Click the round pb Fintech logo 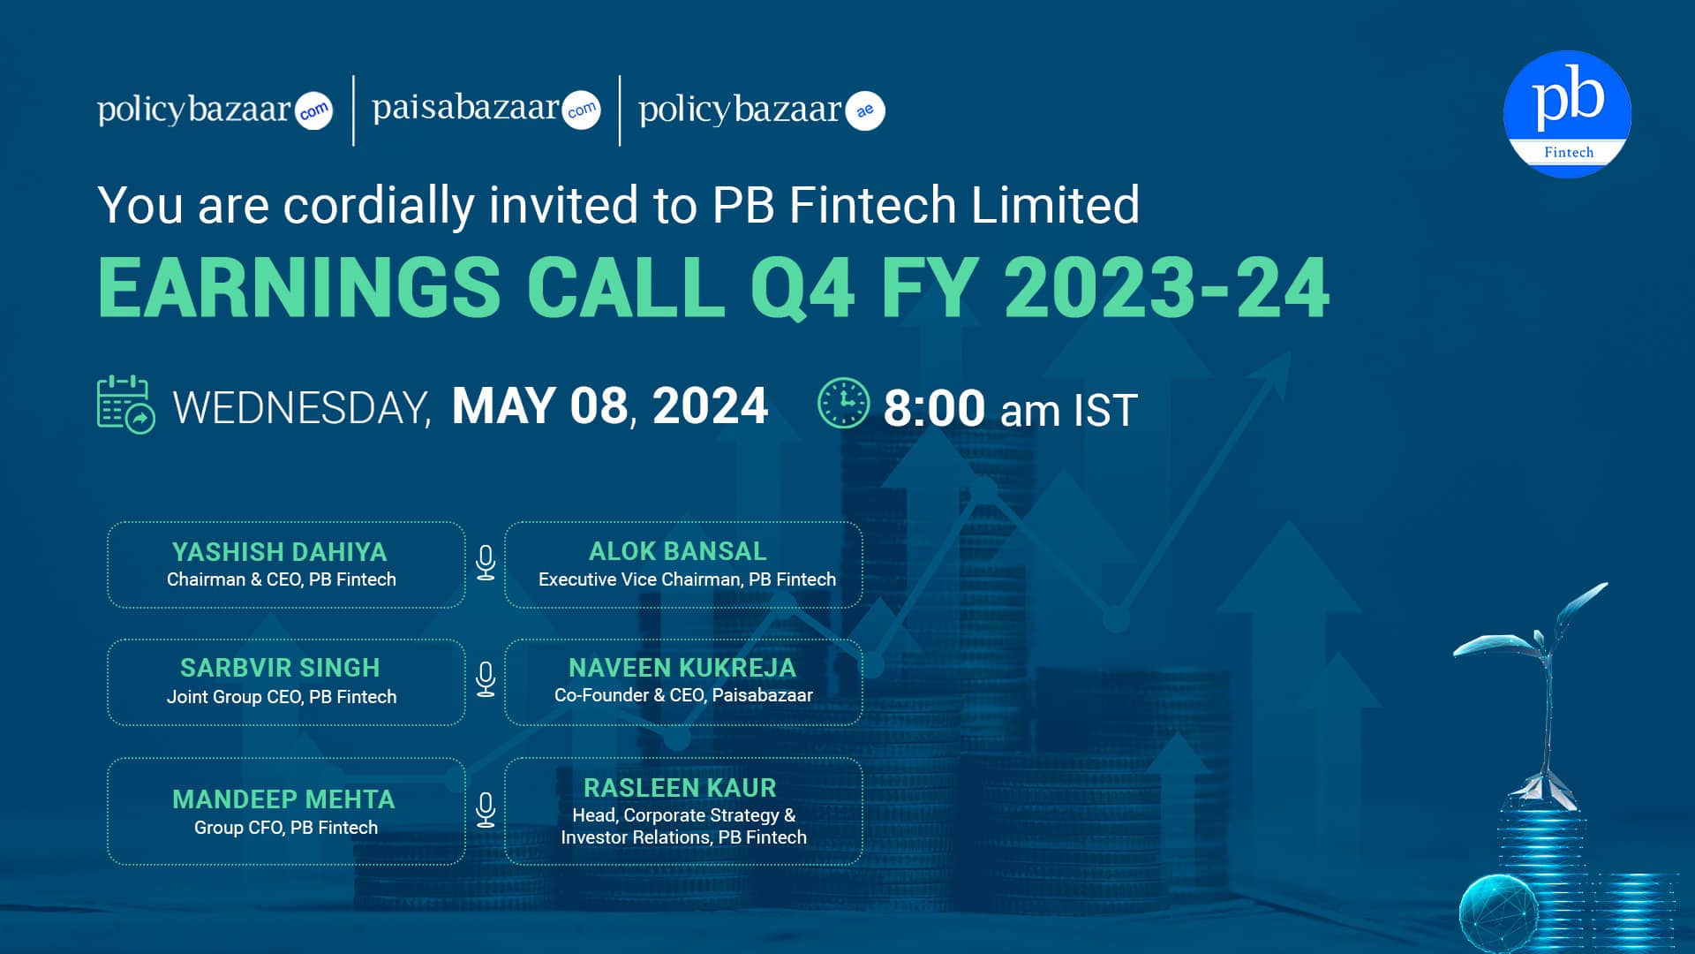(1567, 113)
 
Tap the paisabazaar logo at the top (486, 110)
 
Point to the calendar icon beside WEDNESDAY (125, 405)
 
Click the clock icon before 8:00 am (843, 404)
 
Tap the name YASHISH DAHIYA (280, 552)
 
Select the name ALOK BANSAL (678, 551)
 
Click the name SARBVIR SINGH (280, 668)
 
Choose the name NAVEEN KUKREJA (682, 668)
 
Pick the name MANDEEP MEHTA (283, 799)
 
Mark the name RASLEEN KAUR (680, 788)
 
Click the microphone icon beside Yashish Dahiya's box (486, 563)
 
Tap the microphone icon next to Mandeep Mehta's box (486, 810)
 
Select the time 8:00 (934, 408)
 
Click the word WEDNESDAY (302, 408)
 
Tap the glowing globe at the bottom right (1498, 913)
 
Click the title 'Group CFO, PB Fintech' (286, 828)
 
